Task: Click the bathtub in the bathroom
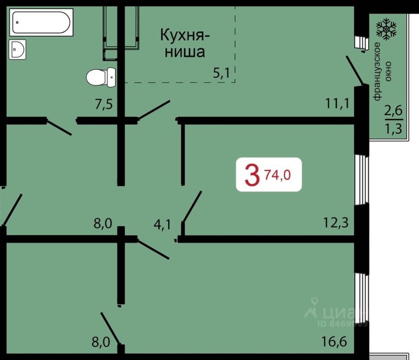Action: [41, 22]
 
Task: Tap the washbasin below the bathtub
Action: [18, 49]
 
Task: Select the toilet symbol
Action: [101, 77]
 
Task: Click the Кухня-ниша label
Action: [185, 43]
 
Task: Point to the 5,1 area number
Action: [221, 73]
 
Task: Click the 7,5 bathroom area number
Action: [104, 104]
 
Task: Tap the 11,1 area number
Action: [337, 103]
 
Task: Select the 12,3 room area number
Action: [336, 222]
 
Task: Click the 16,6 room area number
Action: [334, 341]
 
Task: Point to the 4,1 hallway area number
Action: [162, 224]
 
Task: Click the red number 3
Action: [252, 175]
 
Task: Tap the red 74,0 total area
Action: [277, 175]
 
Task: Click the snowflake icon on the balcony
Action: [386, 29]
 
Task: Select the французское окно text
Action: [382, 71]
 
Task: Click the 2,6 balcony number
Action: [393, 111]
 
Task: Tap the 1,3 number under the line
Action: [393, 129]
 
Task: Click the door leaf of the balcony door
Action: [354, 70]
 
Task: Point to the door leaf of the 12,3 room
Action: [193, 206]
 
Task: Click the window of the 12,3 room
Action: [361, 181]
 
